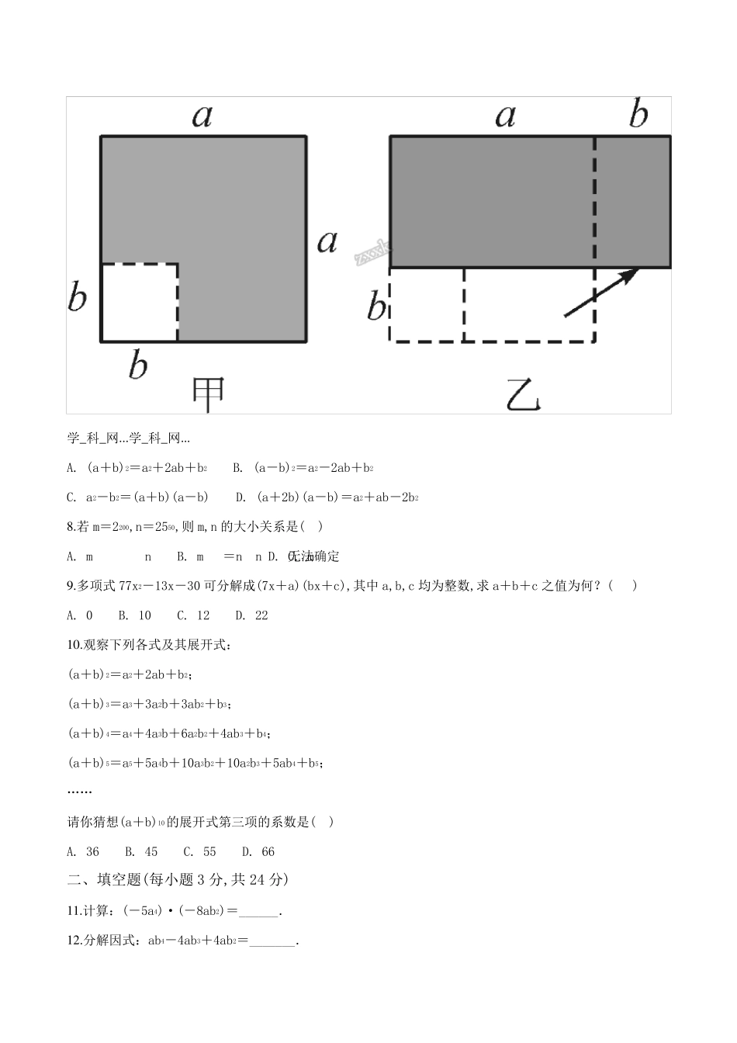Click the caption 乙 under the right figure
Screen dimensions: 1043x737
tap(523, 394)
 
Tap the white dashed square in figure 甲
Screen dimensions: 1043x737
tap(140, 303)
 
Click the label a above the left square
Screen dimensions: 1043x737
tap(202, 116)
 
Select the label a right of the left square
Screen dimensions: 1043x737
tap(327, 241)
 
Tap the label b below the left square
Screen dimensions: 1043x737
tap(138, 364)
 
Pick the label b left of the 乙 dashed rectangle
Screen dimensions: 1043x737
tap(376, 307)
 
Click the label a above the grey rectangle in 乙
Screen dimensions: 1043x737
tap(505, 116)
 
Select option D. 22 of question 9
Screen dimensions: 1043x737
tap(252, 615)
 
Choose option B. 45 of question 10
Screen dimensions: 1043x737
tap(142, 851)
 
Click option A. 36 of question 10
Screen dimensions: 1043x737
tap(84, 851)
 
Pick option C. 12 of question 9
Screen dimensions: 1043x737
tap(194, 615)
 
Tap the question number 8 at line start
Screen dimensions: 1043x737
tap(71, 527)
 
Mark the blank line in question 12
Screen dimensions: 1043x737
tap(273, 942)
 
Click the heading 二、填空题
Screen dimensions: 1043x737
tap(105, 879)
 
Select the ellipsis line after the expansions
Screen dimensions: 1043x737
tap(80, 792)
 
